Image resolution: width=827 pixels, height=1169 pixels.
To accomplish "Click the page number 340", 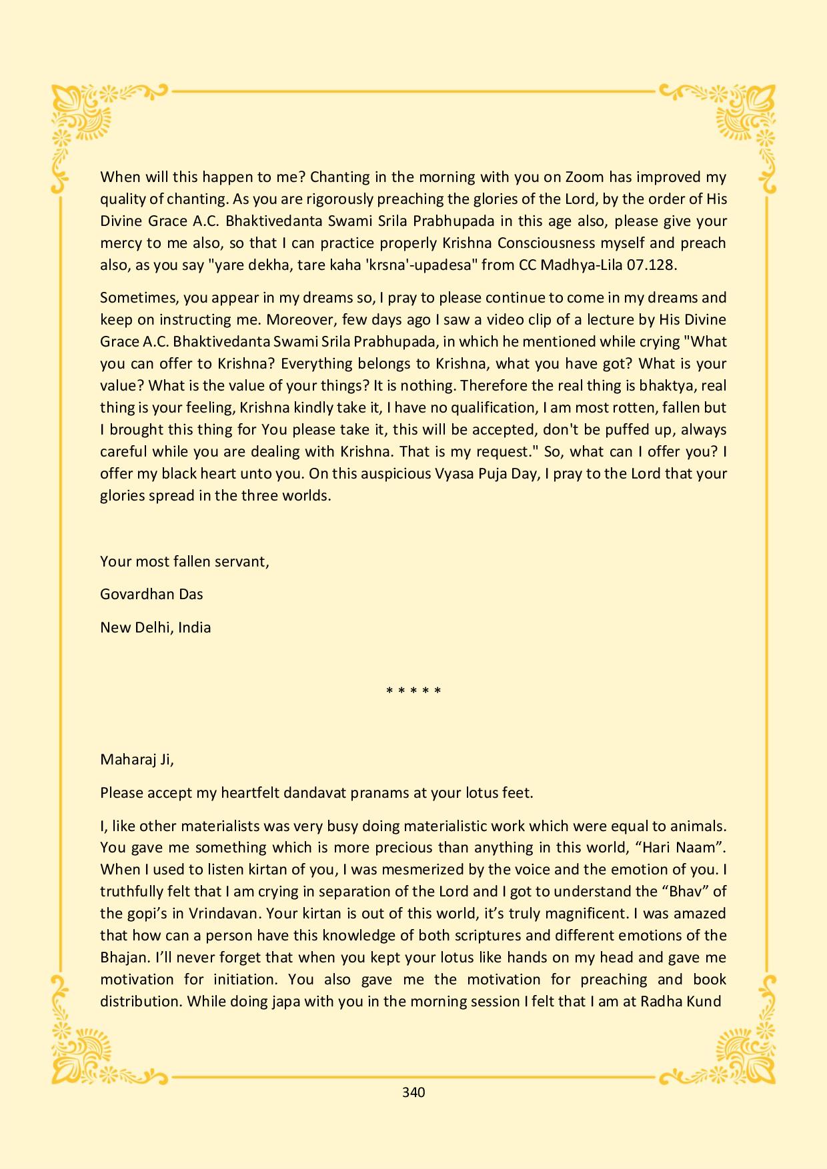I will [414, 1092].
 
